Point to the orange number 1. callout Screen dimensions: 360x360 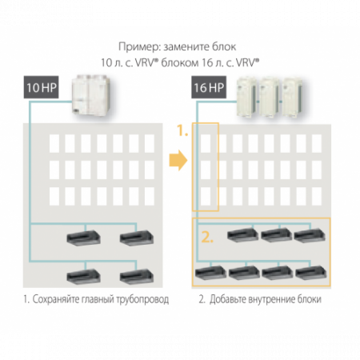tap(183, 130)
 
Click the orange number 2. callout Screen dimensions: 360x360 tap(207, 237)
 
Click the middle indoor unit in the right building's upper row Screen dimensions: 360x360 tap(275, 236)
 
